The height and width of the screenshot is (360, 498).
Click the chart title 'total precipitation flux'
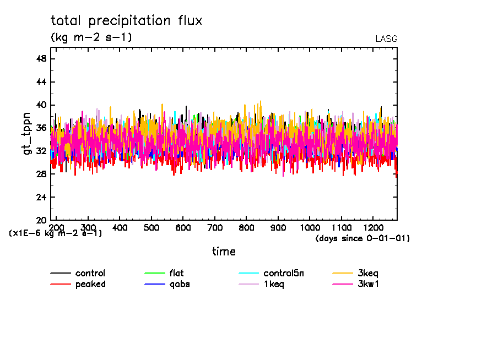tap(126, 21)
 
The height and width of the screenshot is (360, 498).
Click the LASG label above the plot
tap(386, 39)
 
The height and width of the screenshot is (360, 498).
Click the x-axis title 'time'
tap(224, 252)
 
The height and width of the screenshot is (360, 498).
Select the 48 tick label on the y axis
tap(41, 59)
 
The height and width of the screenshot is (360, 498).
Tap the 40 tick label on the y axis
tap(41, 105)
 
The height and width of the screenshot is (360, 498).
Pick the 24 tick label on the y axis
tap(41, 197)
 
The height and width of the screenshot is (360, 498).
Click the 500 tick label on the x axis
tap(151, 227)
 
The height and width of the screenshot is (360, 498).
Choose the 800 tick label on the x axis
tap(246, 227)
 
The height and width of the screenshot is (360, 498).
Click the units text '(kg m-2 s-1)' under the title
tap(91, 37)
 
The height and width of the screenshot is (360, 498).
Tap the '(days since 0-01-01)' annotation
tap(362, 238)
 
